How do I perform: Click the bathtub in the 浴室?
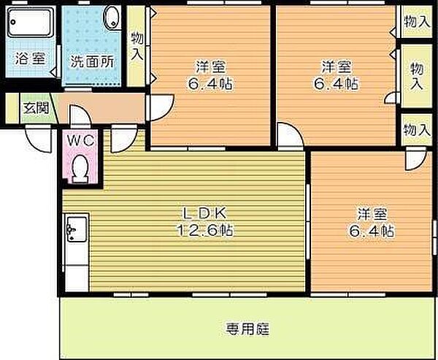pos(30,23)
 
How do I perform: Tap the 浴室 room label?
pos(30,58)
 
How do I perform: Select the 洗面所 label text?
pos(92,61)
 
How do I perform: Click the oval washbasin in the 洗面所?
pos(112,18)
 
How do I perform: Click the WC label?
pos(81,140)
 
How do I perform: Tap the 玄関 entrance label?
pos(36,108)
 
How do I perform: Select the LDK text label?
pos(204,214)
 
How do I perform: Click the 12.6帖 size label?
pos(204,231)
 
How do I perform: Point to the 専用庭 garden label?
pos(247,329)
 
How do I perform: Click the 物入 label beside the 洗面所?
pos(137,46)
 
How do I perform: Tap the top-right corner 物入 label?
pos(417,22)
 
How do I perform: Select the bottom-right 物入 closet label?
pos(417,130)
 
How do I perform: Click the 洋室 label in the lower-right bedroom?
pos(372,214)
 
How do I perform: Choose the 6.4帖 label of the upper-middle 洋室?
pos(210,83)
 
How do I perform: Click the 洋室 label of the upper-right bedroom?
pos(337,66)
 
